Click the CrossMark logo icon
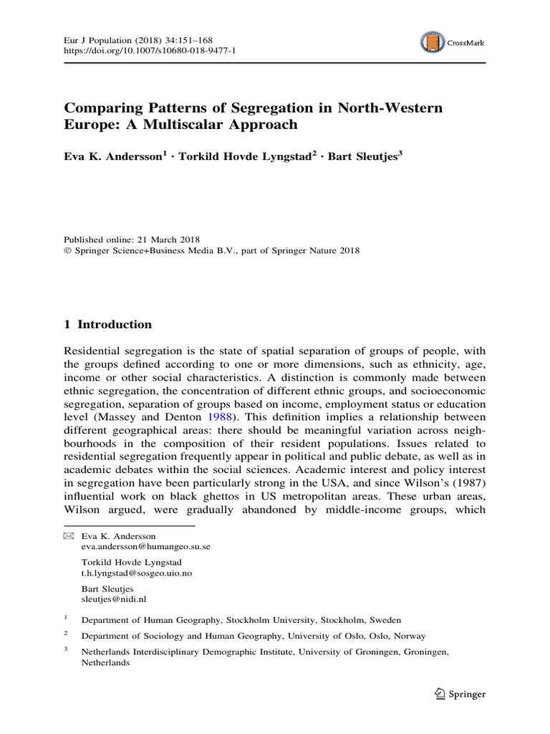tap(432, 42)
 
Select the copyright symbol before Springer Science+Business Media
tap(68, 251)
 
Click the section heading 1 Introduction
tap(108, 324)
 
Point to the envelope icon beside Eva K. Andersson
tap(69, 535)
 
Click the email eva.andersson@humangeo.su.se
tap(145, 546)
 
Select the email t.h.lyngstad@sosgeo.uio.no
tap(137, 573)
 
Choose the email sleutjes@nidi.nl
tap(115, 599)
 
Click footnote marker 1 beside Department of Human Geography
tap(66, 617)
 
